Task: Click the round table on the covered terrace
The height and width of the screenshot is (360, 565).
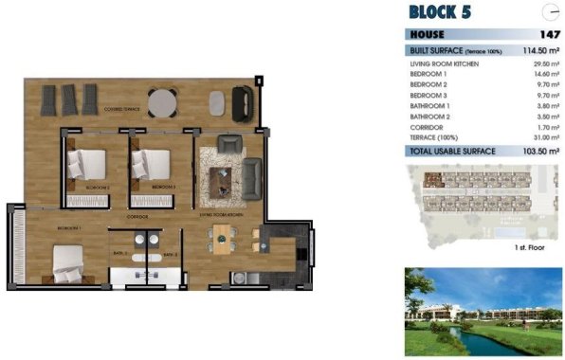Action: pyautogui.click(x=166, y=99)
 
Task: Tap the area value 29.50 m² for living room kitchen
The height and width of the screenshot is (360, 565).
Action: pyautogui.click(x=543, y=63)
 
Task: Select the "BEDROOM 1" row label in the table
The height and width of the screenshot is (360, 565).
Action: pyautogui.click(x=428, y=74)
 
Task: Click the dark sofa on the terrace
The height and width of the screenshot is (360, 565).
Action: pyautogui.click(x=243, y=99)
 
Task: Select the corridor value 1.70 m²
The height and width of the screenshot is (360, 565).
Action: pyautogui.click(x=545, y=127)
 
